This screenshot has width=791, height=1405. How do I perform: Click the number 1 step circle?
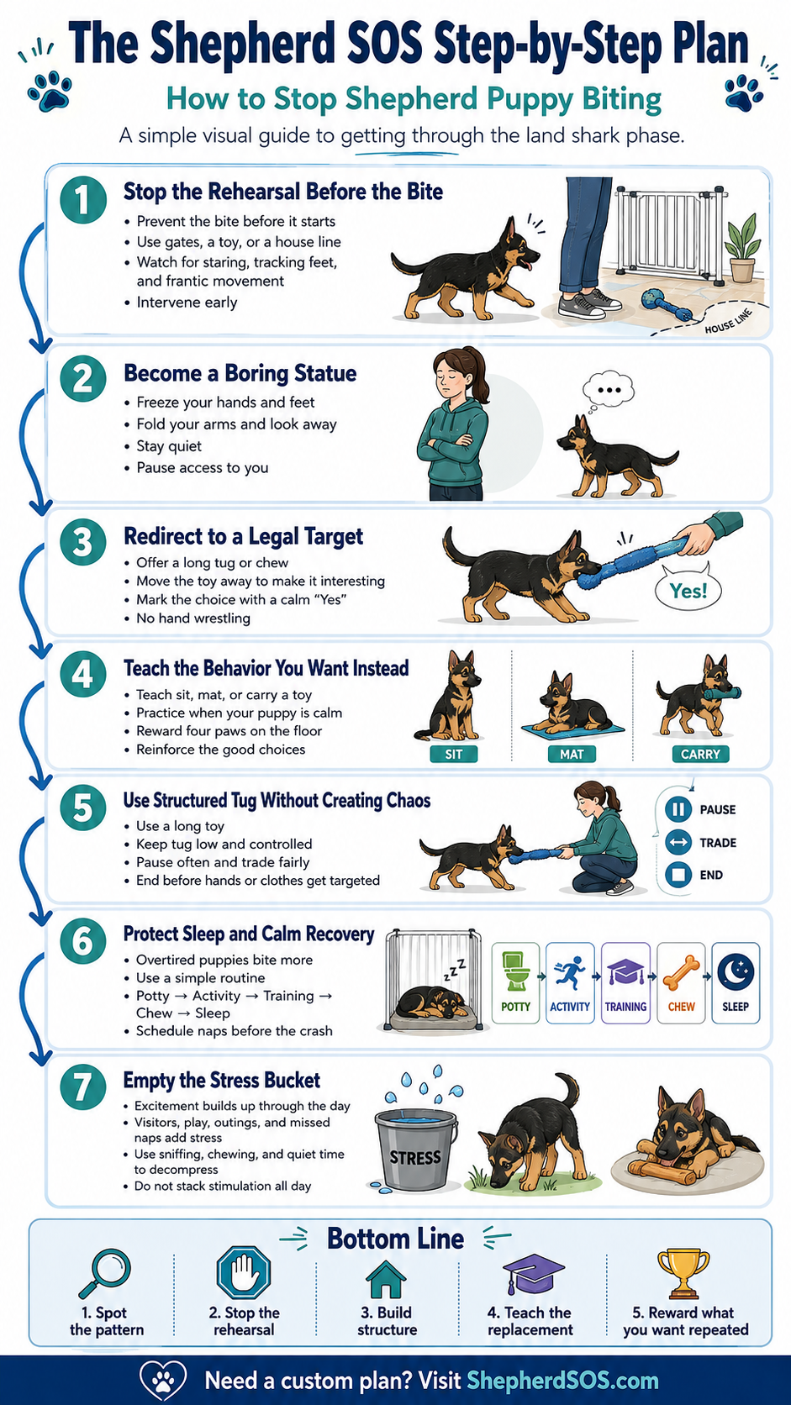point(83,200)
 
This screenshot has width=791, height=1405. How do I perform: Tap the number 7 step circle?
point(83,1087)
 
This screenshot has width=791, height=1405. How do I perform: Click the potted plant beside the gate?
point(743,249)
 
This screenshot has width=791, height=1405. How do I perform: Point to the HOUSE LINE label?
point(728,321)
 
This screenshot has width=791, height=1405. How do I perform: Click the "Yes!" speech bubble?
point(688,590)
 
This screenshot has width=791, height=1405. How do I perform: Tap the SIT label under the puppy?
point(454,754)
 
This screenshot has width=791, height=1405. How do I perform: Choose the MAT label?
point(572,754)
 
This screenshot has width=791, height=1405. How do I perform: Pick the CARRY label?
point(700,754)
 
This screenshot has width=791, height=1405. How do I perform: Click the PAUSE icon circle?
point(678,809)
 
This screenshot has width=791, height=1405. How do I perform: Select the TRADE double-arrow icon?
point(678,842)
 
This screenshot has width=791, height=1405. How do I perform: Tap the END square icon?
point(678,875)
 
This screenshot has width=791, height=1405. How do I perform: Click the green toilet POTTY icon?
point(515,971)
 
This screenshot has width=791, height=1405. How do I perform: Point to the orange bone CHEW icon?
point(681,972)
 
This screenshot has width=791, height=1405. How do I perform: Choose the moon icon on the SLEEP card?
point(736,971)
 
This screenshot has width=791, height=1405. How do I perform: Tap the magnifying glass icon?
point(105,1273)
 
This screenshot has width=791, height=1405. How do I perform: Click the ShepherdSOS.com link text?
point(562,1381)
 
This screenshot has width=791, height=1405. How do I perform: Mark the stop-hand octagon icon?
point(243,1273)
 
